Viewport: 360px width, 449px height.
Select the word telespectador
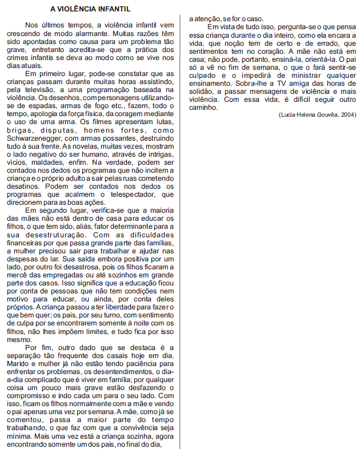point(116,194)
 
